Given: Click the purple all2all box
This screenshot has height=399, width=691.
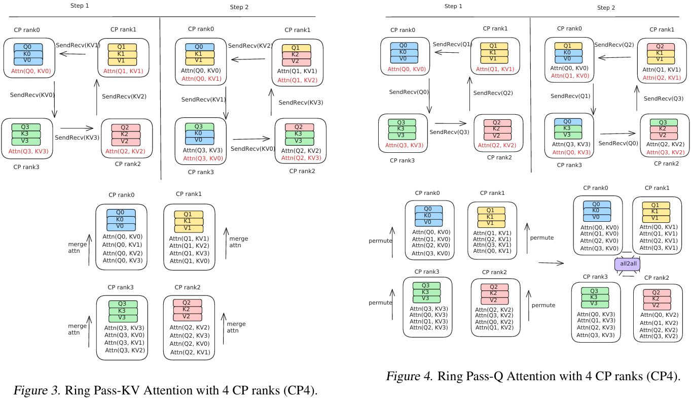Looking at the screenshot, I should [625, 264].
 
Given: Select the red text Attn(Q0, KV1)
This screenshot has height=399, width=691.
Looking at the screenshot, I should [201, 79].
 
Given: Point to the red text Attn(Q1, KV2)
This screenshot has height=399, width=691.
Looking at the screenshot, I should [297, 80].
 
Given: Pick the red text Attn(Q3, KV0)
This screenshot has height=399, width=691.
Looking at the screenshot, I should [202, 159].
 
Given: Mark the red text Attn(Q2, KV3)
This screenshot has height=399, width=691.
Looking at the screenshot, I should [301, 158].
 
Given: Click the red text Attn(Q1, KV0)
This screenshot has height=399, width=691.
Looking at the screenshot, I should [569, 76].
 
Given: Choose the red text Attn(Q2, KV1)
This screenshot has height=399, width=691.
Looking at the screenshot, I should [662, 78].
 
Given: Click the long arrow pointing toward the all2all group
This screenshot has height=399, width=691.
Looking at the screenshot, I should [551, 262].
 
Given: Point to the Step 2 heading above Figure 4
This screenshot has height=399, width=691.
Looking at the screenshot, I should [606, 8].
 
